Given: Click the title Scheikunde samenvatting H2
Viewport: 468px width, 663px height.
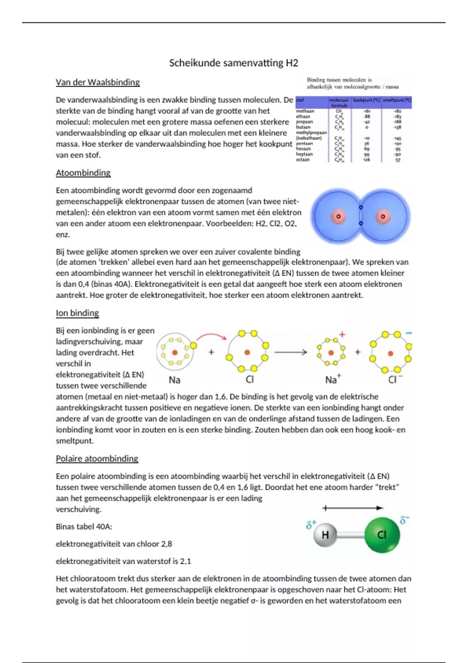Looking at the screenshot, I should click(x=234, y=63).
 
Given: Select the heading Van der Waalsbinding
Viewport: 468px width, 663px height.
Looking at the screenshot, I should click(x=97, y=82).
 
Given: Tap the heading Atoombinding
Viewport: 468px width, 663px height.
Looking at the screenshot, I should click(x=83, y=173).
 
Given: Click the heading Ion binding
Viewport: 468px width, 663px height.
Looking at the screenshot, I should click(x=77, y=313).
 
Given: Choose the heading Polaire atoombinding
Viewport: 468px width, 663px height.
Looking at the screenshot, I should click(x=97, y=459).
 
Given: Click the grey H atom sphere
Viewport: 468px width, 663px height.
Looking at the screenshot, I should click(x=325, y=535).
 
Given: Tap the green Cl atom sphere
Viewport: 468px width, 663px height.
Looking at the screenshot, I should click(x=382, y=535).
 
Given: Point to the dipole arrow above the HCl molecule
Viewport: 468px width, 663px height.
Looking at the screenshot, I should click(x=353, y=508).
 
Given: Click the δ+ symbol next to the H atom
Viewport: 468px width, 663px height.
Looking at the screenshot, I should click(x=311, y=525).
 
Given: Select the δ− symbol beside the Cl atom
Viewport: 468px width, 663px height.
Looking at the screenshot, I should click(x=404, y=520).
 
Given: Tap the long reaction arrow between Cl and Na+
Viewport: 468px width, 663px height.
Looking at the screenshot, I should click(x=291, y=353).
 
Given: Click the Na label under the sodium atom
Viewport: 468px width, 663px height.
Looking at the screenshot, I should click(x=174, y=380).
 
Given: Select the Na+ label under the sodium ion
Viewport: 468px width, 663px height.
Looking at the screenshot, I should click(x=333, y=379).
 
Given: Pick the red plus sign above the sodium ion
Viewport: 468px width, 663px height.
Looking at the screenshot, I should click(x=342, y=335).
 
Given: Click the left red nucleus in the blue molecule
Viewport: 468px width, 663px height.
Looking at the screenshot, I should click(x=338, y=216).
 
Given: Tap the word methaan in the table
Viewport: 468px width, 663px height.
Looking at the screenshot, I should click(x=305, y=111).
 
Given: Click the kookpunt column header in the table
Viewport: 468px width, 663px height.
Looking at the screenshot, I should click(x=367, y=101).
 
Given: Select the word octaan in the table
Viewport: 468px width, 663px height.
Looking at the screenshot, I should click(x=303, y=160).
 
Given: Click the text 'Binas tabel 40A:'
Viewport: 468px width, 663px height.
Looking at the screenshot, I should click(x=84, y=526).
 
